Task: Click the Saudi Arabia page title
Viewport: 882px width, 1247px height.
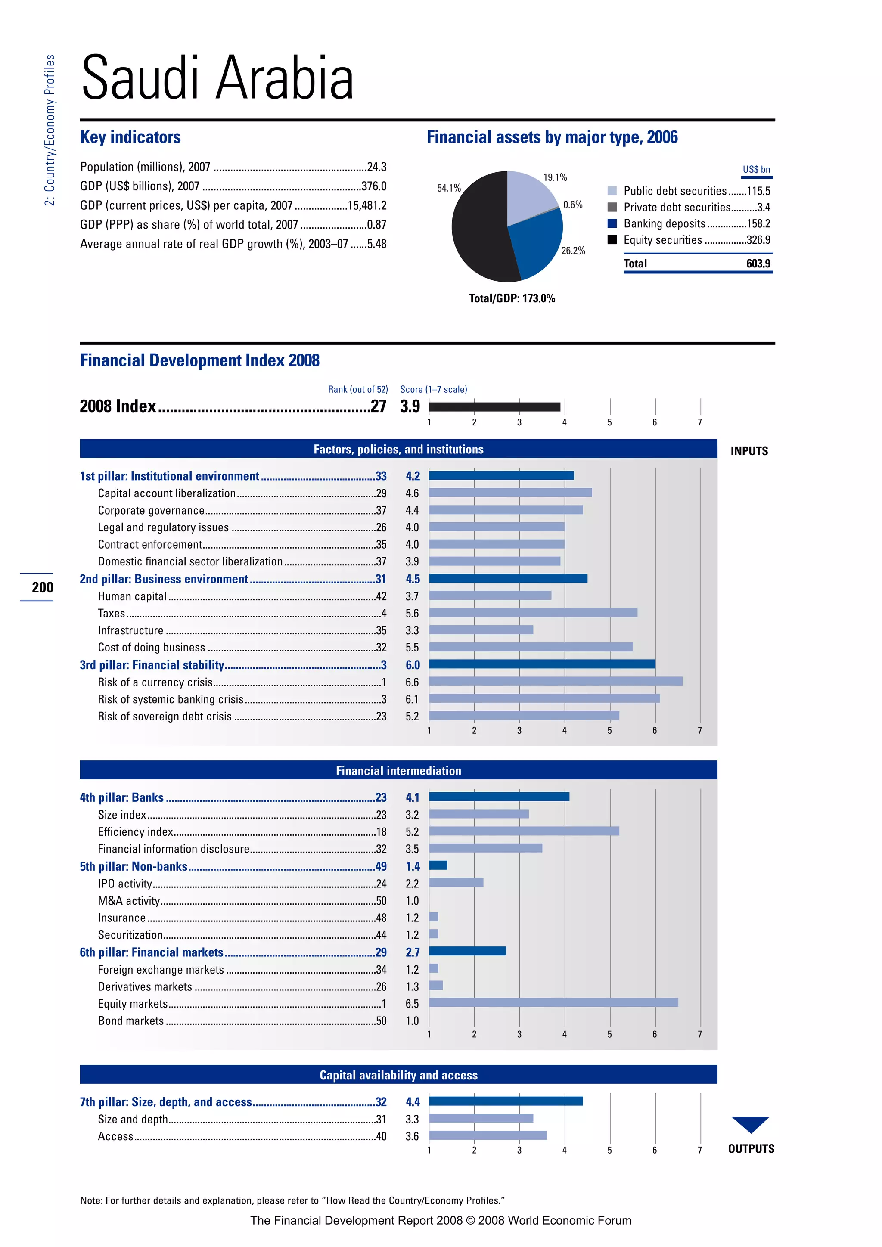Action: coord(217,78)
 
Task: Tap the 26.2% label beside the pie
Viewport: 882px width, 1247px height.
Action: coord(573,250)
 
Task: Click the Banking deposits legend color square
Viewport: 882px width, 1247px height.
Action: coord(612,223)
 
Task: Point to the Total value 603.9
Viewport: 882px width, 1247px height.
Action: coord(758,264)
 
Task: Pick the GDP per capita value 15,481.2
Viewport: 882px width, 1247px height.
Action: coord(367,205)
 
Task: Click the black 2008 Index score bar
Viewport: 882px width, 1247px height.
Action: coord(494,407)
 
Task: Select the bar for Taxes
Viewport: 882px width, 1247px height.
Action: coord(532,613)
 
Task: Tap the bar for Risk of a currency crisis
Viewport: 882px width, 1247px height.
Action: coord(555,681)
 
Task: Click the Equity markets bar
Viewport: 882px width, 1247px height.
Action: coord(553,1002)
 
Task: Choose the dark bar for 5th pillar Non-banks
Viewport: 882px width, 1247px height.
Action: coord(438,865)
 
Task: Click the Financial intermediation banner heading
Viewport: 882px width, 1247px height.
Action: coord(398,771)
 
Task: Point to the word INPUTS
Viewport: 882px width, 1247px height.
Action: coord(749,451)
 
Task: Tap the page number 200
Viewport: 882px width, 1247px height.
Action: coord(42,587)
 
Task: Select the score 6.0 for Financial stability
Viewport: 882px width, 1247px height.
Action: coord(413,665)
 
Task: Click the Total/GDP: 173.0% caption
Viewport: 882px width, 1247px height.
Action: coord(512,298)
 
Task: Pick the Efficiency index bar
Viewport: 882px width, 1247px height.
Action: coord(524,831)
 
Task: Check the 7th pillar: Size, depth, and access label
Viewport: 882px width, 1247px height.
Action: coord(166,1102)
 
